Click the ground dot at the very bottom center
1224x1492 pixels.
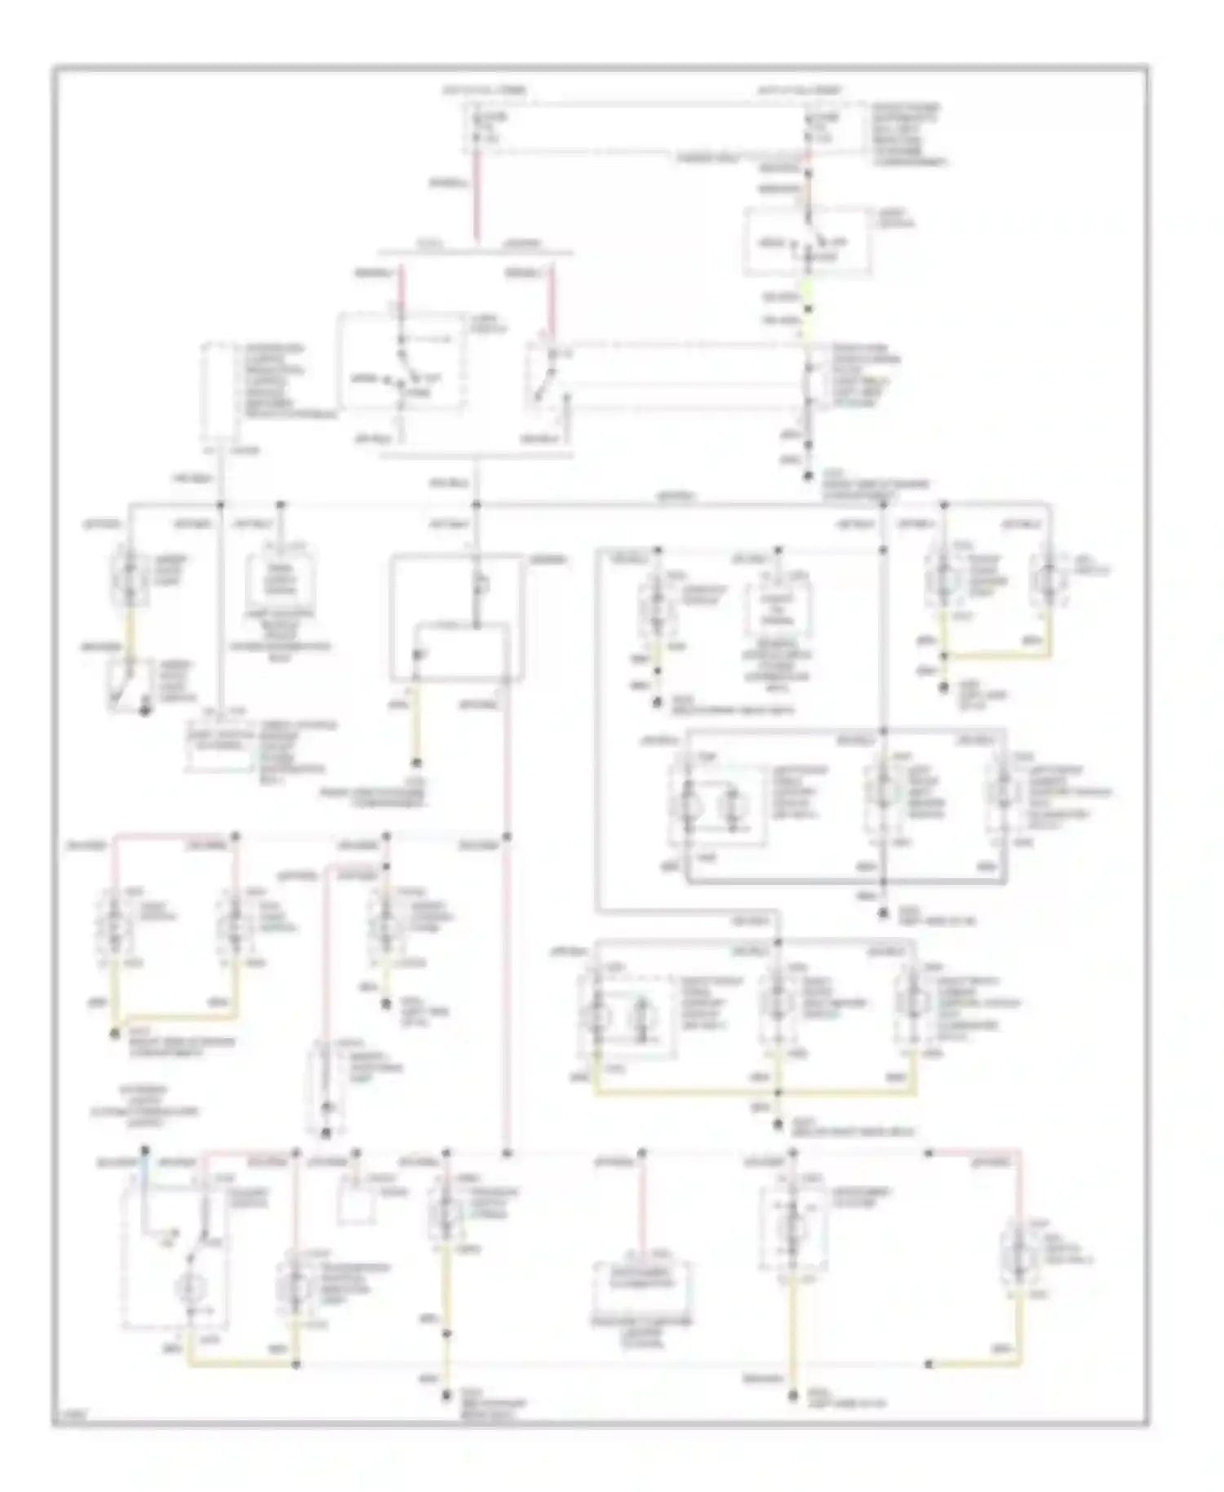click(x=446, y=1398)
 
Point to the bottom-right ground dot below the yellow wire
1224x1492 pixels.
click(x=792, y=1397)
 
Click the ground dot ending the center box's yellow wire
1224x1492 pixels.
click(x=416, y=763)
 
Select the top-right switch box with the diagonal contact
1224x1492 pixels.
click(x=806, y=242)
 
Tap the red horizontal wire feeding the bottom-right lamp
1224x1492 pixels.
click(x=975, y=1153)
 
